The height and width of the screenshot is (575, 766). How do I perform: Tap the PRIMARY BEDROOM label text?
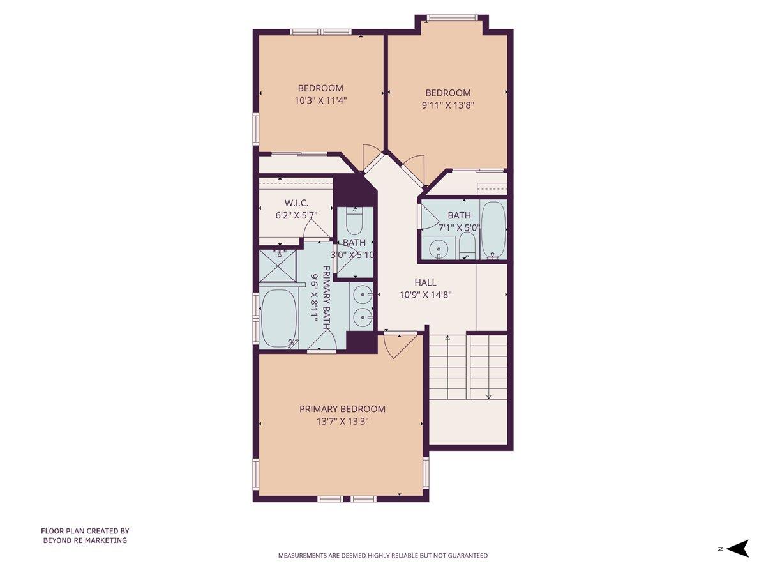pyautogui.click(x=342, y=409)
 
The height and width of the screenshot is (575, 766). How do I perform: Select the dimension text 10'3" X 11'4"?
pyautogui.click(x=321, y=100)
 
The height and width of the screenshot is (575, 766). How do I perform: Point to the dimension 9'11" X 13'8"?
pyautogui.click(x=447, y=105)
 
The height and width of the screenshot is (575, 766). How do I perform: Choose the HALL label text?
pyautogui.click(x=425, y=282)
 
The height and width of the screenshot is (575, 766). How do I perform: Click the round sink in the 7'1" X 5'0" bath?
pyautogui.click(x=438, y=249)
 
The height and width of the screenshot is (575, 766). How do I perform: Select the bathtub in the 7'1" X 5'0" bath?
pyautogui.click(x=493, y=230)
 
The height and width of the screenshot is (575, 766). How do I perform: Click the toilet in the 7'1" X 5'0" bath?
pyautogui.click(x=467, y=247)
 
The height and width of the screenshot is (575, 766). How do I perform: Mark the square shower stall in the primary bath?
pyautogui.click(x=277, y=266)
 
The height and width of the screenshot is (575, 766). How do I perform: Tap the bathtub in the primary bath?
pyautogui.click(x=279, y=318)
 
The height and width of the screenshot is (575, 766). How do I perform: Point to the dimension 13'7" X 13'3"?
pyautogui.click(x=342, y=422)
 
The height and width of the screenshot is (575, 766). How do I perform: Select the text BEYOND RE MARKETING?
pyautogui.click(x=85, y=540)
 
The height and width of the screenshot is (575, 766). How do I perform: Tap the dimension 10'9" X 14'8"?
pyautogui.click(x=425, y=295)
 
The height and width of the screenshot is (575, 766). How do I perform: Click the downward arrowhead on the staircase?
pyautogui.click(x=488, y=396)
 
